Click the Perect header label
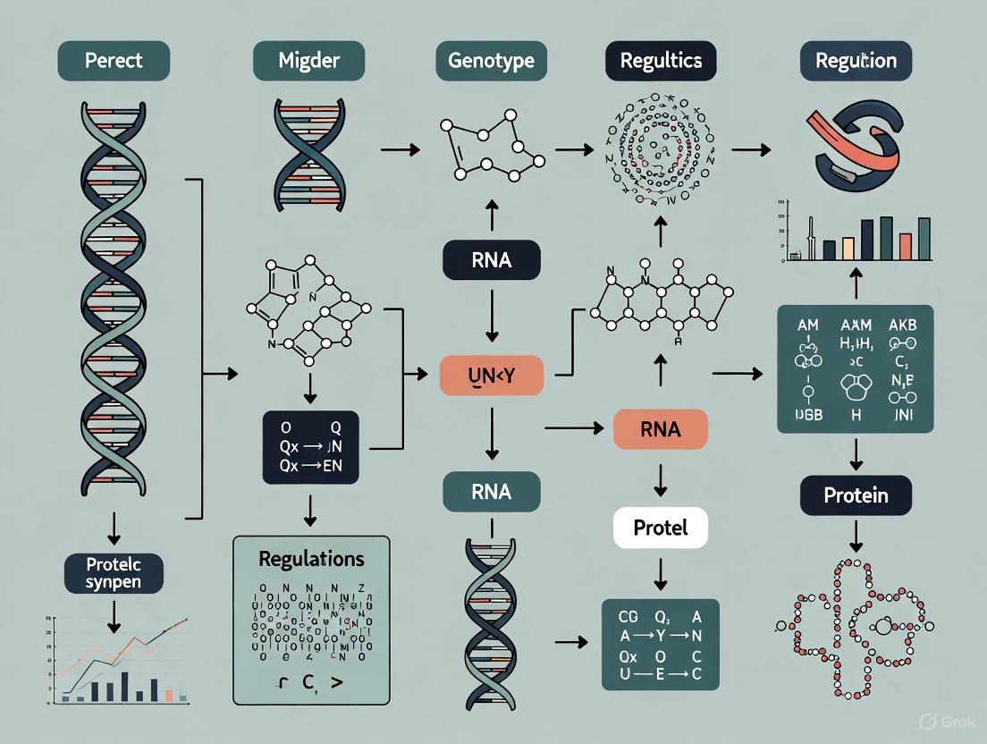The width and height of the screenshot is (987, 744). click(x=114, y=62)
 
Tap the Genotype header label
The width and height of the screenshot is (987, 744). click(x=491, y=62)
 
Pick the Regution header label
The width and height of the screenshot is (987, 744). click(x=856, y=62)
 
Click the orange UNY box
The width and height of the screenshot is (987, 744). click(x=491, y=375)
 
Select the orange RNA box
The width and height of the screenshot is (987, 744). click(x=661, y=428)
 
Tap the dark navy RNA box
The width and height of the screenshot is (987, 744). click(x=491, y=260)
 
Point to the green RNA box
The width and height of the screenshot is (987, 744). click(x=491, y=492)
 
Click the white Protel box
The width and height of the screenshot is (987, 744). click(x=661, y=528)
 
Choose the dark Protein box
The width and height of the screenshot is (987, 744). click(x=856, y=495)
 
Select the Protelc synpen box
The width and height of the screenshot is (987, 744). click(x=114, y=573)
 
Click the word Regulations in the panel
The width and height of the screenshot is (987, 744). click(x=311, y=560)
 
